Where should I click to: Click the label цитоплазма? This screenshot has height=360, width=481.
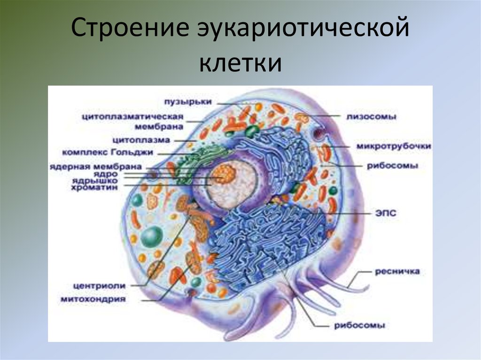click(141, 140)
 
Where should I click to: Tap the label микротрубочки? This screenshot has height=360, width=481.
click(394, 146)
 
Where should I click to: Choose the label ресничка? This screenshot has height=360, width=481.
click(397, 271)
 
